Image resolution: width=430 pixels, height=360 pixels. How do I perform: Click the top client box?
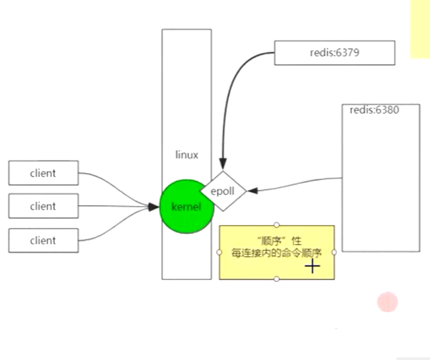click(x=43, y=173)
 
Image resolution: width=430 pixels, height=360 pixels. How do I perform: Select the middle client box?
click(x=43, y=206)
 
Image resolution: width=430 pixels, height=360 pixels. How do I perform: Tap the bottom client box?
click(x=43, y=240)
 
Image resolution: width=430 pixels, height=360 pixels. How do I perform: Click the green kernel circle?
click(x=186, y=207)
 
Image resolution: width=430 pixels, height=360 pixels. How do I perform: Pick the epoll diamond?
click(x=223, y=191)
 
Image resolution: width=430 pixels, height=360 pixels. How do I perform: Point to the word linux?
click(x=186, y=155)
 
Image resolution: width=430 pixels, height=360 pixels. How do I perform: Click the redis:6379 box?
click(x=334, y=52)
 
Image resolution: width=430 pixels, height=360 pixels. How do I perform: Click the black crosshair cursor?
click(x=312, y=266)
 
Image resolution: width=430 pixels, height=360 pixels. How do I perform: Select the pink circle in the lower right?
click(x=387, y=302)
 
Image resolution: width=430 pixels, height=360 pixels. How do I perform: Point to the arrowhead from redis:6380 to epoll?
click(x=251, y=191)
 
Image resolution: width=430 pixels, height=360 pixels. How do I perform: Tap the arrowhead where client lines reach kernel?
click(x=156, y=207)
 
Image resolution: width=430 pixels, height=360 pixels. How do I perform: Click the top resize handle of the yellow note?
click(x=276, y=225)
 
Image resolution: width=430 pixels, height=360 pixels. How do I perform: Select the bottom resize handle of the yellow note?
click(x=276, y=279)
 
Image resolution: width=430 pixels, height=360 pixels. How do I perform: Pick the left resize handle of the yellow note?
click(x=219, y=252)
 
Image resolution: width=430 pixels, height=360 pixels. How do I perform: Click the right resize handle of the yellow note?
click(x=334, y=252)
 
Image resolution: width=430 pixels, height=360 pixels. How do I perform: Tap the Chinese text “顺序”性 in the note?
click(x=276, y=241)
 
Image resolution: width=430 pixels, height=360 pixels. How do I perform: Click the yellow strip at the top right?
click(x=420, y=29)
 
